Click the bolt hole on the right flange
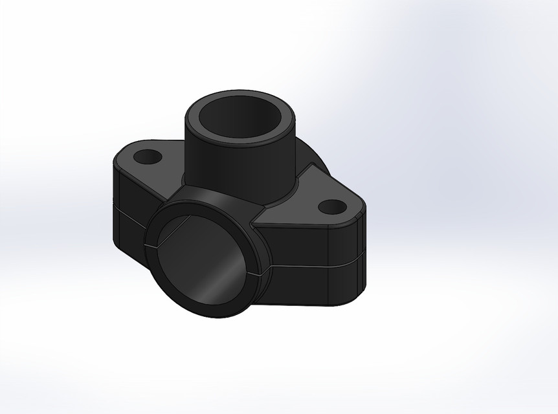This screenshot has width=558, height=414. [333, 207]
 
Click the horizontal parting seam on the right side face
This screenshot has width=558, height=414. [311, 265]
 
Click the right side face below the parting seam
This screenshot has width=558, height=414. [304, 285]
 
